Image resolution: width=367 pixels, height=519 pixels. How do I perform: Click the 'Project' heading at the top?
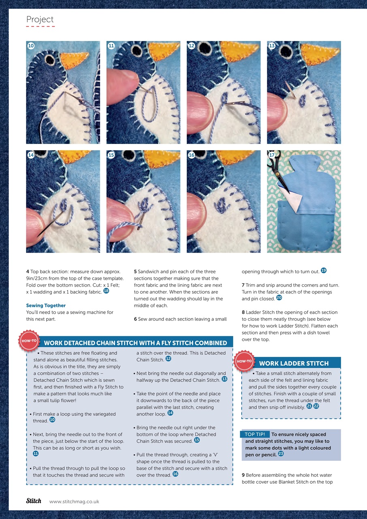click(40, 19)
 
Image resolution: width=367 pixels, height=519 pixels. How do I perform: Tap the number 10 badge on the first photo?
click(31, 46)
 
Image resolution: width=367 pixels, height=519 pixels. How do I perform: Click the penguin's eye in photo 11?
click(136, 50)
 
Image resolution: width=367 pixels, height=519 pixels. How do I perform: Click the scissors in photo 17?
click(277, 172)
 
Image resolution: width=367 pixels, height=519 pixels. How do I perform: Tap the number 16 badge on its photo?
click(192, 155)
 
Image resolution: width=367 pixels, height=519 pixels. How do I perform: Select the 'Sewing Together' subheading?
click(46, 305)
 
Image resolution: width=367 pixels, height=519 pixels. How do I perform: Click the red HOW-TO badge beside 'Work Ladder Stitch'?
click(244, 361)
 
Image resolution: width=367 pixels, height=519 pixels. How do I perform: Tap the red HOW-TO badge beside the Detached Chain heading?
click(29, 341)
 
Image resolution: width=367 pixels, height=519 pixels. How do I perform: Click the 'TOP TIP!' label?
click(255, 434)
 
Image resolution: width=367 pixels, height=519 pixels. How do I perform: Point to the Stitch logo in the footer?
click(34, 501)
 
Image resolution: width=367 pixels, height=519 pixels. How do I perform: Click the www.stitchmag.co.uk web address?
click(74, 502)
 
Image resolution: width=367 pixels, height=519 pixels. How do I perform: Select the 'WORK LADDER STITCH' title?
click(294, 363)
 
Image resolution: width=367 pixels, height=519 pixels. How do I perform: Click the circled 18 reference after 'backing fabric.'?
click(106, 291)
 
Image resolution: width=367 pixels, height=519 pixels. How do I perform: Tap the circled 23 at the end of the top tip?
click(281, 453)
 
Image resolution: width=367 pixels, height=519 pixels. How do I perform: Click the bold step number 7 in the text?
click(243, 285)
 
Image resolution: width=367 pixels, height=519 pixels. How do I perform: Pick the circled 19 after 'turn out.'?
click(324, 270)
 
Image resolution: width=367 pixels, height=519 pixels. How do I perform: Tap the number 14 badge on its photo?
click(31, 155)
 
